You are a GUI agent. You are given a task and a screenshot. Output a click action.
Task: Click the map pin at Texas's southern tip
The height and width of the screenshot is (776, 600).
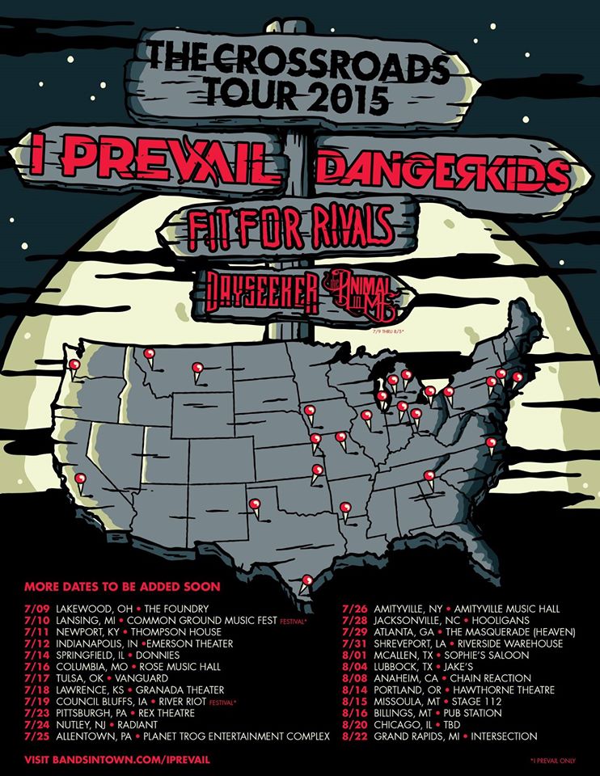[306, 580]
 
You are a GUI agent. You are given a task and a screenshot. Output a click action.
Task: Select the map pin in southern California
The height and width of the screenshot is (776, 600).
[79, 479]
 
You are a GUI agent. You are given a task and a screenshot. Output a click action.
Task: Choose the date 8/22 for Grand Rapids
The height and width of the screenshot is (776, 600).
[354, 736]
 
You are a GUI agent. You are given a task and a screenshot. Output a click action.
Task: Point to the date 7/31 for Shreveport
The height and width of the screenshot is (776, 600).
[354, 643]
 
